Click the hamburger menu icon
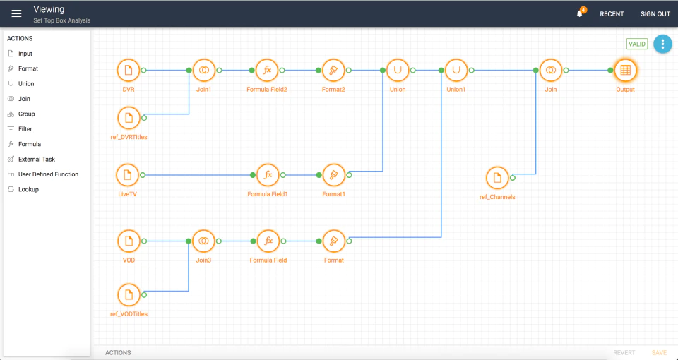click(16, 13)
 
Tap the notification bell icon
click(579, 14)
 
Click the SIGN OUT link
click(655, 14)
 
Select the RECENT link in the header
click(612, 14)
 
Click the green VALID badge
click(637, 44)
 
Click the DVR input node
click(129, 71)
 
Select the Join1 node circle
click(203, 71)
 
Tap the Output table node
click(625, 71)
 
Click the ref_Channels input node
click(497, 178)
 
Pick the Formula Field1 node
click(268, 175)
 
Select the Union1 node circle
click(456, 71)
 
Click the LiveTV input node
click(128, 175)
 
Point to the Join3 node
click(203, 241)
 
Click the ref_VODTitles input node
click(129, 295)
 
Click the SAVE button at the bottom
click(659, 353)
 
